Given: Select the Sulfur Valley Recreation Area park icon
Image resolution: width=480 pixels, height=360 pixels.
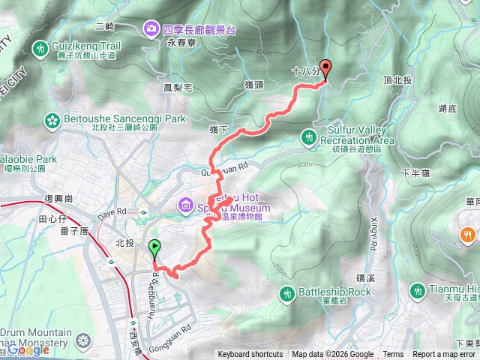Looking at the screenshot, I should [x=308, y=136].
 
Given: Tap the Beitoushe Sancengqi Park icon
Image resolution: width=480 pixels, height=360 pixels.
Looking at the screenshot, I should [x=52, y=118].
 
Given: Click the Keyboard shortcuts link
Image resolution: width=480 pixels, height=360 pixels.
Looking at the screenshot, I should [x=250, y=355].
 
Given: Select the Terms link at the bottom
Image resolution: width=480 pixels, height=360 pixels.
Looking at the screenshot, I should [x=393, y=355].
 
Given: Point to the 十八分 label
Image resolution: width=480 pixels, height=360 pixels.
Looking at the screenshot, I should [x=304, y=72].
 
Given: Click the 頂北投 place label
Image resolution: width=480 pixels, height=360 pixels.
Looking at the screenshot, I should [x=397, y=79].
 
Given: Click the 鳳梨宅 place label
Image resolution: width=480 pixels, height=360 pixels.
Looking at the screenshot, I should [x=178, y=88].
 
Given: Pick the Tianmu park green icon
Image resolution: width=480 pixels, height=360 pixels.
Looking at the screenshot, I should [x=418, y=289].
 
